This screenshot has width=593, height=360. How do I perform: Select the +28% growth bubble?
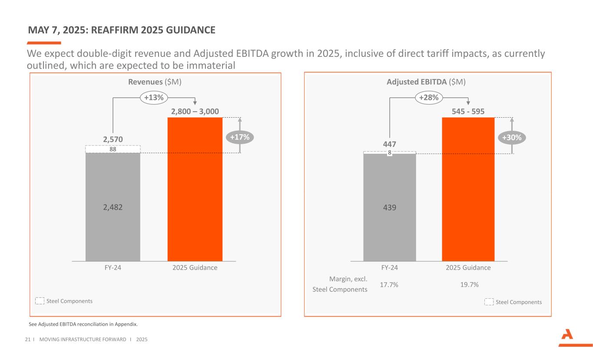pyautogui.click(x=429, y=98)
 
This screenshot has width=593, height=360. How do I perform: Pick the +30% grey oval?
pyautogui.click(x=513, y=137)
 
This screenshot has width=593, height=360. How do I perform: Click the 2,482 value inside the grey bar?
pyautogui.click(x=113, y=208)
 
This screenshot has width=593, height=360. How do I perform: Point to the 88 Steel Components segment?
pyautogui.click(x=113, y=149)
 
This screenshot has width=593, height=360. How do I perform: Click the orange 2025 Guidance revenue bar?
pyautogui.click(x=195, y=189)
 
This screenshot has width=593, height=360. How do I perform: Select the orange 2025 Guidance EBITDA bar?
pyautogui.click(x=468, y=189)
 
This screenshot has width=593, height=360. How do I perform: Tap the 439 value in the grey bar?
pyautogui.click(x=389, y=208)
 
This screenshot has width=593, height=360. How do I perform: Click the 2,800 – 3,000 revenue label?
pyautogui.click(x=195, y=112)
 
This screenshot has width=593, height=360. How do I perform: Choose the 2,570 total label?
pyautogui.click(x=113, y=139)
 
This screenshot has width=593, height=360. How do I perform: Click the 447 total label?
pyautogui.click(x=389, y=144)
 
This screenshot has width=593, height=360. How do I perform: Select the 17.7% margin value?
pyautogui.click(x=389, y=285)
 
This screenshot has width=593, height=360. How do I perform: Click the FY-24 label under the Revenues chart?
pyautogui.click(x=113, y=268)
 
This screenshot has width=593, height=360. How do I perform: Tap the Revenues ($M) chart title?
pyautogui.click(x=155, y=82)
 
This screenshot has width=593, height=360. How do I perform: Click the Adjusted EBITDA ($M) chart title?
pyautogui.click(x=426, y=82)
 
